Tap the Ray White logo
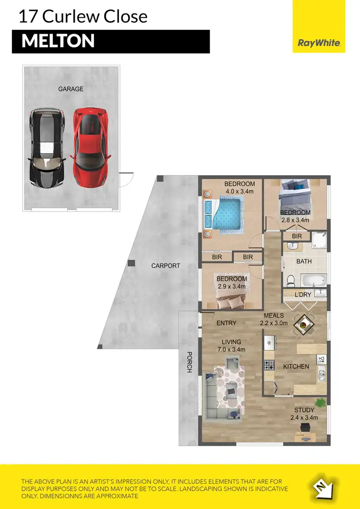(x=319, y=43)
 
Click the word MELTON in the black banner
(x=58, y=41)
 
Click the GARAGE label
(x=71, y=89)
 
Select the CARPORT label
(x=166, y=265)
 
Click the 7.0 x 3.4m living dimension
(x=231, y=350)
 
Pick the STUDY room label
(x=304, y=410)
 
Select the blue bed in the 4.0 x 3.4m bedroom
(x=228, y=214)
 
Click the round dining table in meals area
(x=303, y=326)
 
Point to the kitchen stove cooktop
(x=268, y=365)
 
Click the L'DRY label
(x=303, y=295)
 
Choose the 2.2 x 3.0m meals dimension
(x=274, y=323)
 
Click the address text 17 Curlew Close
(x=83, y=17)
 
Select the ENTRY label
(x=226, y=323)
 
